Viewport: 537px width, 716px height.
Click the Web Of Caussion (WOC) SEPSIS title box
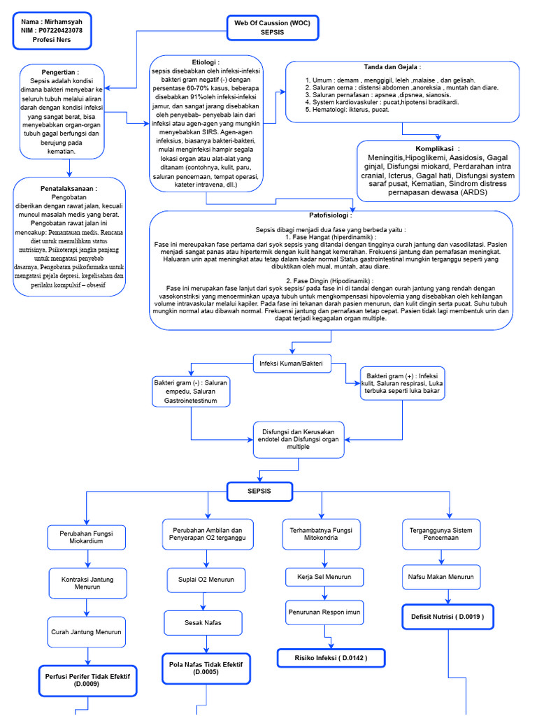click(x=272, y=27)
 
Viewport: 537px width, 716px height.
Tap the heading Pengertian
click(x=59, y=71)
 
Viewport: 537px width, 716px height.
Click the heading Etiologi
click(x=206, y=62)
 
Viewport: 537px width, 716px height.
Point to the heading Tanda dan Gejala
click(x=401, y=67)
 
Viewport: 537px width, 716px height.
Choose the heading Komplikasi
click(x=438, y=148)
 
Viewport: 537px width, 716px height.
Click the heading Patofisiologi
click(x=331, y=215)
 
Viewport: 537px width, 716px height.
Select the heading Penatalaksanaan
click(x=69, y=189)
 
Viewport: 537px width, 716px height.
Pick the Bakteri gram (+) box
click(x=401, y=384)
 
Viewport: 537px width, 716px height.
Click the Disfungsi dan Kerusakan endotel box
click(x=298, y=438)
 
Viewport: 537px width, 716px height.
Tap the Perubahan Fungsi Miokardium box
click(x=86, y=536)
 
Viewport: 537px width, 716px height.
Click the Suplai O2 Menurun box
click(x=206, y=579)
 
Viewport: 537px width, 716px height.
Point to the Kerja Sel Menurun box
click(x=324, y=577)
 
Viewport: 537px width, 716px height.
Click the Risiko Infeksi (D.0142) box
click(x=331, y=658)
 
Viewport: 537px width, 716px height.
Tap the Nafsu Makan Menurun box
click(x=441, y=577)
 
